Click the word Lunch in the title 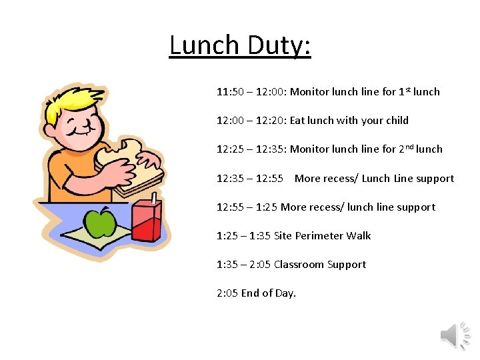point(204,45)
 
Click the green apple point(101,223)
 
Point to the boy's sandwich point(131,167)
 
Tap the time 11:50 point(230,92)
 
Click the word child point(397,121)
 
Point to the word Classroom point(299,265)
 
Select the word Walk point(358,236)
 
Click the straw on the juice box point(153,199)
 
